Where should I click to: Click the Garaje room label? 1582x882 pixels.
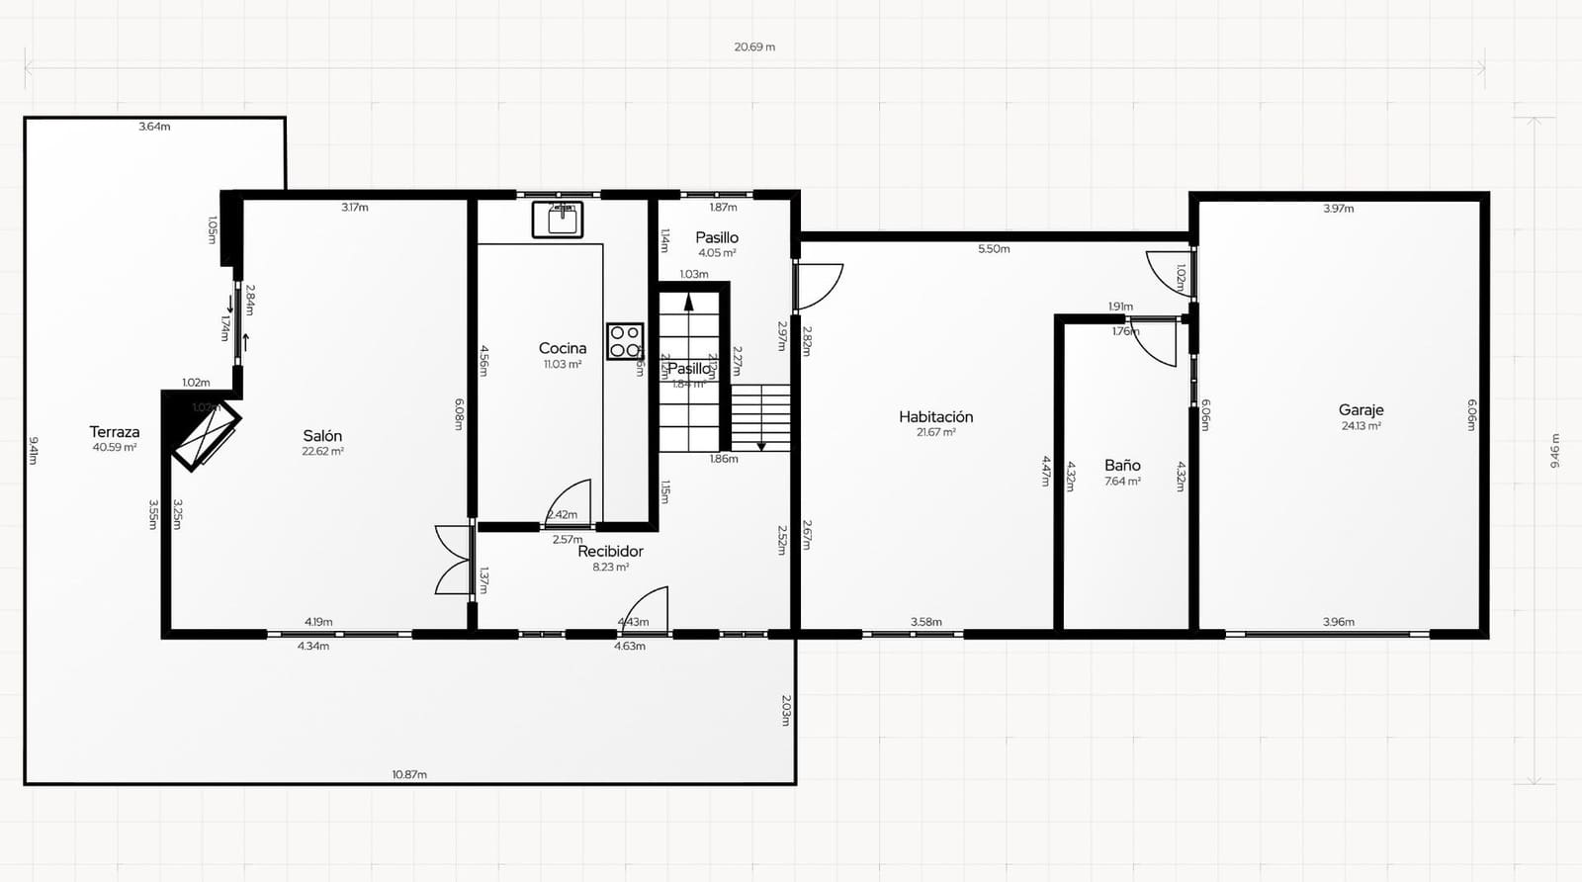tap(1361, 409)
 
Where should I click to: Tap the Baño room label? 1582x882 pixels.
tap(1122, 465)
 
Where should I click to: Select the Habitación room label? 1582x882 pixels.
tap(935, 417)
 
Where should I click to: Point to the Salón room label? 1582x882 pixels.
tap(322, 436)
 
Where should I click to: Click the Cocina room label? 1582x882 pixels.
tap(563, 348)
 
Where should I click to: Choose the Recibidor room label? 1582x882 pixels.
tap(610, 551)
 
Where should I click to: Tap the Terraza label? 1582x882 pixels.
tap(115, 432)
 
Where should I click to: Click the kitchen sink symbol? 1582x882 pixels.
tap(558, 220)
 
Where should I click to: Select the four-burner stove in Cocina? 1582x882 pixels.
tap(625, 341)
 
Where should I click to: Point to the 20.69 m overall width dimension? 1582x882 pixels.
tap(754, 46)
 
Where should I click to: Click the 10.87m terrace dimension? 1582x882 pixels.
tap(409, 774)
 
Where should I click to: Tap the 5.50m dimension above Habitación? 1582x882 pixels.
tap(994, 249)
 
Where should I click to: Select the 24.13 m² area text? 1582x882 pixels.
tap(1362, 426)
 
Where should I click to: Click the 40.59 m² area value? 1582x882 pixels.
tap(115, 448)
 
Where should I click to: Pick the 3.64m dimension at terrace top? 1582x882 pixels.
tap(154, 127)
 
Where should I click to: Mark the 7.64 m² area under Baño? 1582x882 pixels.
tap(1122, 482)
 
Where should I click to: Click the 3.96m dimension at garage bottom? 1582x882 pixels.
tap(1338, 622)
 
